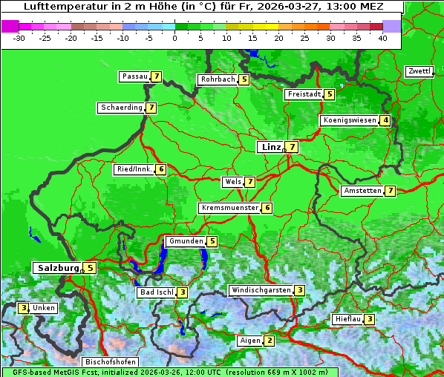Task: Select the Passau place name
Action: coord(135,76)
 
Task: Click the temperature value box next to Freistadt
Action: coord(329,94)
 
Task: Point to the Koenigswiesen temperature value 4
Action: coord(385,120)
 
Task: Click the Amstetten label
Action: coord(362,191)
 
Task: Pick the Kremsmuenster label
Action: coord(229,208)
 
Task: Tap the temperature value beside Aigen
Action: coord(270,341)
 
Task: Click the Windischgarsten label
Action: coord(261,290)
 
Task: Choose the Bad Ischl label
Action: coord(157,292)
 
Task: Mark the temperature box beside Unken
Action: coord(24,308)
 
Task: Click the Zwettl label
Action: coord(419,71)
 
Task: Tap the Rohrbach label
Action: coord(218,79)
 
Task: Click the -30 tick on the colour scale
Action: coord(19,38)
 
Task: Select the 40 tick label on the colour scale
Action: coord(382,38)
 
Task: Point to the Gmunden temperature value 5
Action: coord(212,241)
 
